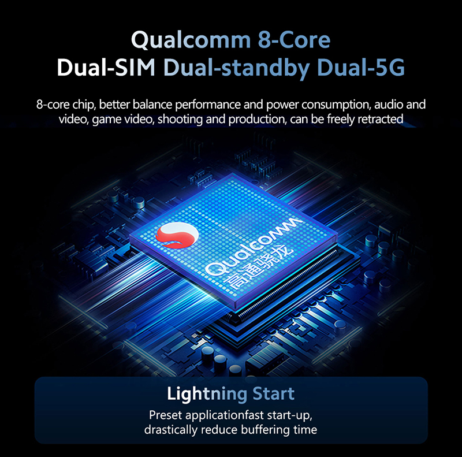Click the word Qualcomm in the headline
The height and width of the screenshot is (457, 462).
coord(189,41)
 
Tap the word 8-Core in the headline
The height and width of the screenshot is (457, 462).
coord(291,41)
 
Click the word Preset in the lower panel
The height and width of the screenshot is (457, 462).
coord(166,415)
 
